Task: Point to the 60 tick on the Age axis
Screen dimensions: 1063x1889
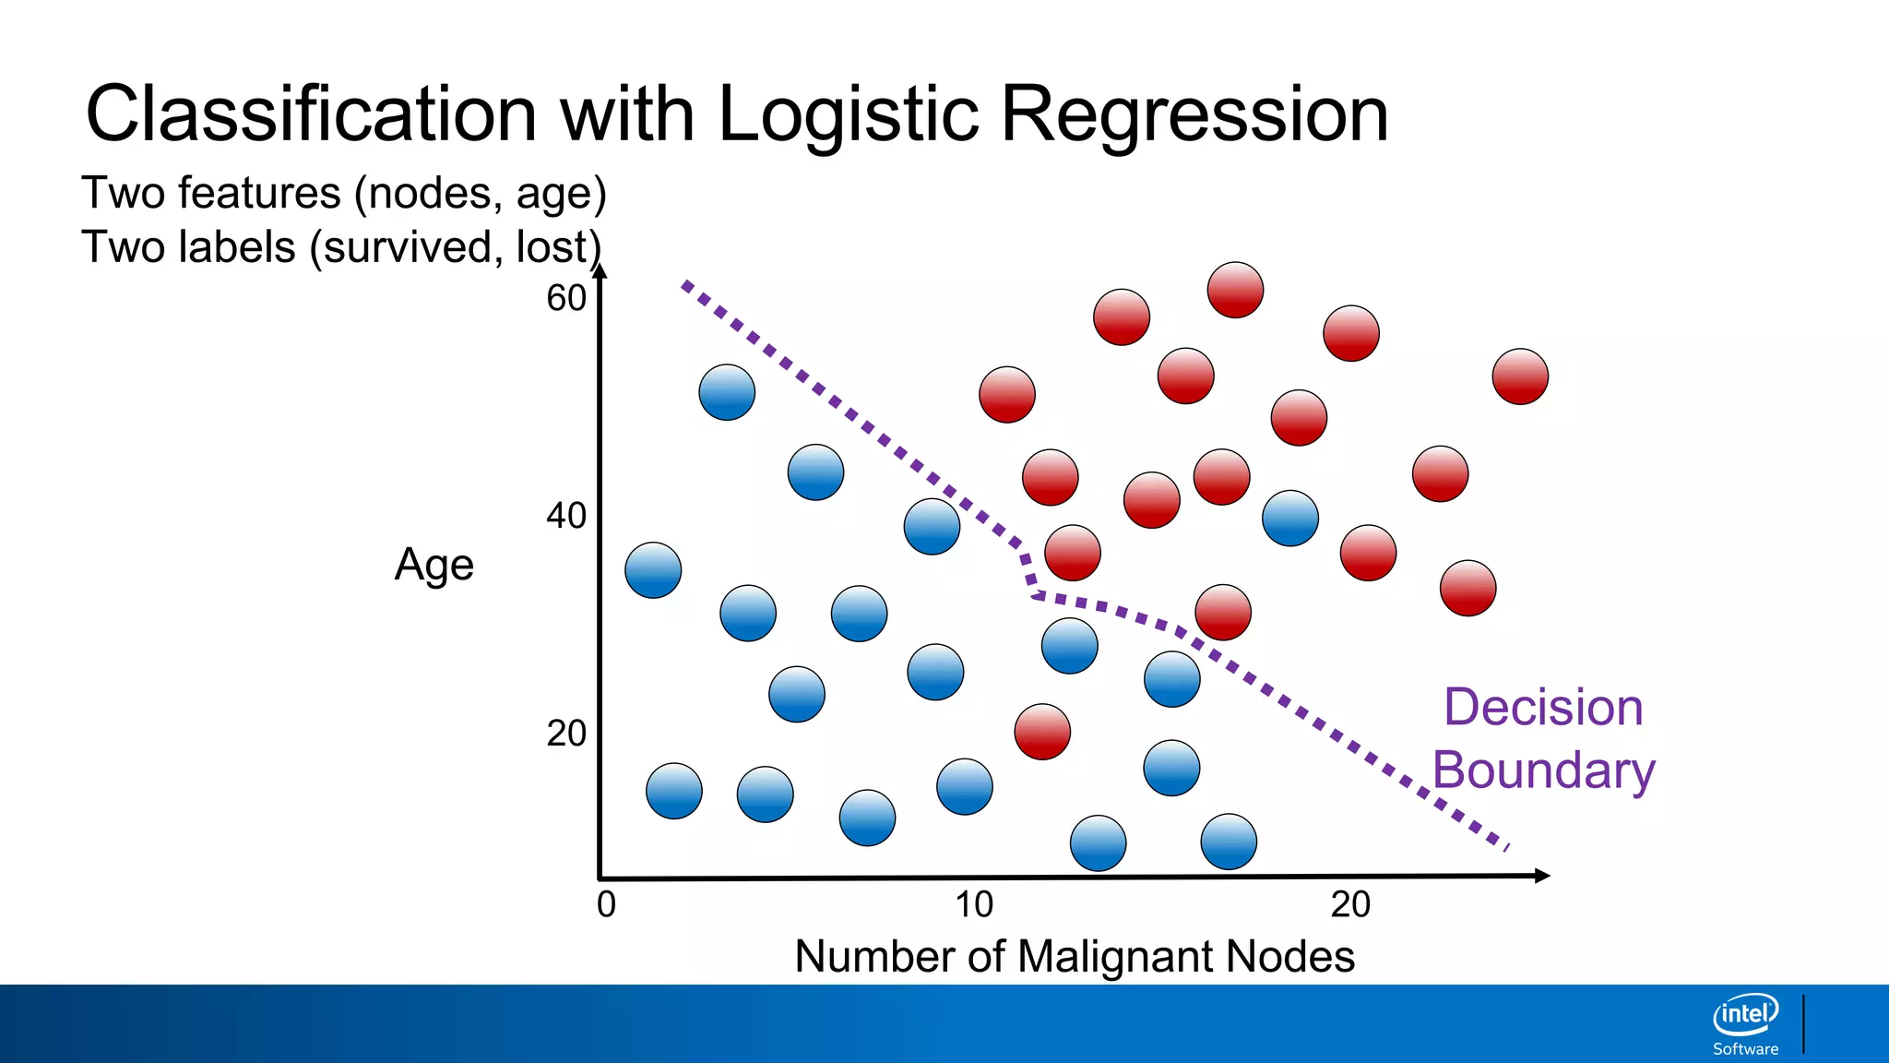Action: point(566,299)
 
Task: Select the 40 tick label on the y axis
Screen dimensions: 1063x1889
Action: point(566,516)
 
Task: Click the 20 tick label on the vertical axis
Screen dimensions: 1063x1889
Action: point(566,734)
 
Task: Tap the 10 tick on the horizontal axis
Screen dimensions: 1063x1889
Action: point(974,905)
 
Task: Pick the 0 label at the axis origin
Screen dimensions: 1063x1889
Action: point(606,905)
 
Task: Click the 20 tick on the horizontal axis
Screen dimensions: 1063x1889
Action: point(1350,905)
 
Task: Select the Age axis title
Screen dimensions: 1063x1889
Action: point(434,565)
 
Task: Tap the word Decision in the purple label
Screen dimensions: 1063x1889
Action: point(1543,708)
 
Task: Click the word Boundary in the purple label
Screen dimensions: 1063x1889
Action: point(1543,770)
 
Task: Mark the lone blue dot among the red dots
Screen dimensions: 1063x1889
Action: point(1289,519)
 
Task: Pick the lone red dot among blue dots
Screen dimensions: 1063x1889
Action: point(1042,732)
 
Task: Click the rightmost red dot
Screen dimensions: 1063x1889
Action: point(1520,376)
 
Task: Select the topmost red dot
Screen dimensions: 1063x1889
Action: point(1235,290)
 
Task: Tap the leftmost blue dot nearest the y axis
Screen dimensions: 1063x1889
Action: point(653,570)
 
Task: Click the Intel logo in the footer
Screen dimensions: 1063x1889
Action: point(1745,1015)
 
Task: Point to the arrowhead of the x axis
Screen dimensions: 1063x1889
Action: point(1542,876)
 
